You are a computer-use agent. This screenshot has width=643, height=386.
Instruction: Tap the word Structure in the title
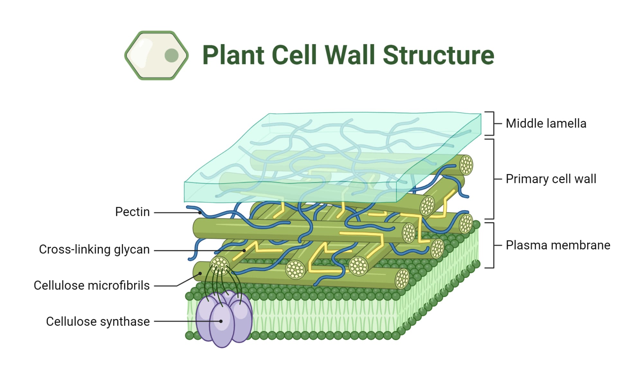(x=439, y=55)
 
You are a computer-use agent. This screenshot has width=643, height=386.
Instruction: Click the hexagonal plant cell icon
(x=156, y=55)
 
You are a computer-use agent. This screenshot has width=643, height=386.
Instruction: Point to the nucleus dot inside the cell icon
(x=171, y=55)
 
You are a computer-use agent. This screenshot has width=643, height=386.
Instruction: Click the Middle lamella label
(x=546, y=124)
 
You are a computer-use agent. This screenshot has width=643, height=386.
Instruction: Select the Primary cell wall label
(x=551, y=179)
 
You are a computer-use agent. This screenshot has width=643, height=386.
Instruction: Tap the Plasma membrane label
(x=558, y=245)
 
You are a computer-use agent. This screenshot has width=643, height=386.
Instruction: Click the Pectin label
(x=132, y=212)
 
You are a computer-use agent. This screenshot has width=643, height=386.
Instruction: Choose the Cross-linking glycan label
(x=94, y=250)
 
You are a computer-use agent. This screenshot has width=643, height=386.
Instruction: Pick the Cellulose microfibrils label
(x=92, y=286)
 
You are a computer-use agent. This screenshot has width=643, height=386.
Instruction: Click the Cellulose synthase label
(x=98, y=322)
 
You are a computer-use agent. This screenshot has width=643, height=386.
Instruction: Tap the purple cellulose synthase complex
(x=224, y=318)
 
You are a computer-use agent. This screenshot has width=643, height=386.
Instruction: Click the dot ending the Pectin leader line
(x=200, y=213)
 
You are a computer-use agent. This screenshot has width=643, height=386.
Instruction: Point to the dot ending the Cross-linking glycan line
(x=244, y=250)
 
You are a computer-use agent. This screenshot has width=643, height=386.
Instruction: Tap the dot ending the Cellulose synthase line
(x=221, y=321)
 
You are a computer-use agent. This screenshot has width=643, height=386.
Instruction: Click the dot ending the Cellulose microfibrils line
(x=200, y=273)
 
